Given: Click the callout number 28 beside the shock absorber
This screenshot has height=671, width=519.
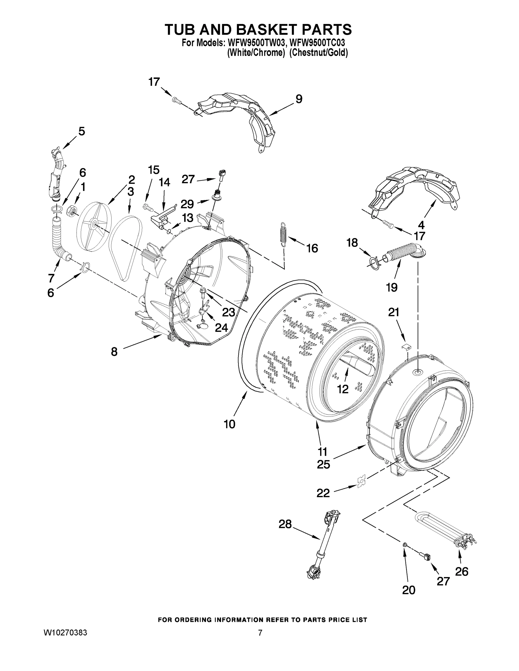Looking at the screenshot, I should [x=285, y=524].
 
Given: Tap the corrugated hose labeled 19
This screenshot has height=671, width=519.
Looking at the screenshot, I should [x=400, y=249].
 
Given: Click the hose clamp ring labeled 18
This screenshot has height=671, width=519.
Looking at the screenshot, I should [x=373, y=263].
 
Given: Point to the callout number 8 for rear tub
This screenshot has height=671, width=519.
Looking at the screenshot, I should [x=114, y=351].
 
